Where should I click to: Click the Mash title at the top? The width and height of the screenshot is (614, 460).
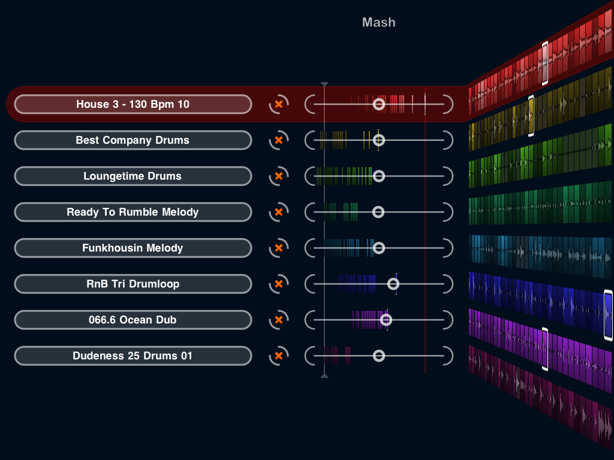pyautogui.click(x=378, y=23)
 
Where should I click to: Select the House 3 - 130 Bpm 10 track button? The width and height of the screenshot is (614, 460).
pyautogui.click(x=133, y=104)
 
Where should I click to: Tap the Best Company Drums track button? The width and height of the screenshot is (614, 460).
pyautogui.click(x=133, y=140)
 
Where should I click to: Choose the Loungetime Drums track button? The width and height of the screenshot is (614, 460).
pyautogui.click(x=133, y=176)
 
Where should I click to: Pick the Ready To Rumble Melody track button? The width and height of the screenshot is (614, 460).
pyautogui.click(x=133, y=212)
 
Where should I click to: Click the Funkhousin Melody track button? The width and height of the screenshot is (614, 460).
pyautogui.click(x=133, y=248)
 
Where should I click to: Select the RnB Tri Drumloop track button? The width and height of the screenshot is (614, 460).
pyautogui.click(x=133, y=284)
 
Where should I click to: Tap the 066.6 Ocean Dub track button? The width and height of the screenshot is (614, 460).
pyautogui.click(x=133, y=320)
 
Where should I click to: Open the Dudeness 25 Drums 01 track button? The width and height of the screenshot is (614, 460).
pyautogui.click(x=133, y=356)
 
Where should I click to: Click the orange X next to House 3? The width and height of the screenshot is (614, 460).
pyautogui.click(x=278, y=104)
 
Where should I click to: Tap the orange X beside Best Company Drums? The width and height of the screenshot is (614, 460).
pyautogui.click(x=278, y=140)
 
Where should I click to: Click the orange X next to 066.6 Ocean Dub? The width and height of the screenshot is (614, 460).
pyautogui.click(x=278, y=320)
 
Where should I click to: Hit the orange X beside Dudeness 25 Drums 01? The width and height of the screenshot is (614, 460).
pyautogui.click(x=278, y=356)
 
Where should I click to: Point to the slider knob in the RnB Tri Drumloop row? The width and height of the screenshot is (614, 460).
pyautogui.click(x=393, y=284)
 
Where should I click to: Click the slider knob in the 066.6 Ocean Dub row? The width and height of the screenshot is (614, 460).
pyautogui.click(x=386, y=320)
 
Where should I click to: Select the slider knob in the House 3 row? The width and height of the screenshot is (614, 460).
pyautogui.click(x=378, y=104)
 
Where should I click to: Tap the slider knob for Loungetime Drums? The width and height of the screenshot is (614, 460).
pyautogui.click(x=378, y=176)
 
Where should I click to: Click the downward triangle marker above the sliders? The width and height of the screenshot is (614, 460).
pyautogui.click(x=324, y=84)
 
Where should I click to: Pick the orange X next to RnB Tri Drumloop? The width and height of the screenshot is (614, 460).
pyautogui.click(x=278, y=284)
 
